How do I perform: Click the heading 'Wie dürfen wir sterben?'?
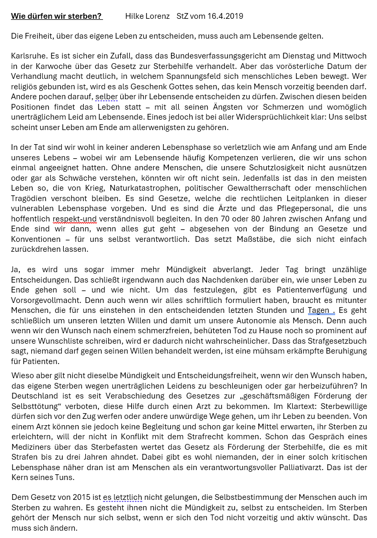56,16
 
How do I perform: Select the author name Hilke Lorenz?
147,16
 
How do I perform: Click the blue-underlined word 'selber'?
106,97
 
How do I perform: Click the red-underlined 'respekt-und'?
74,219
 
